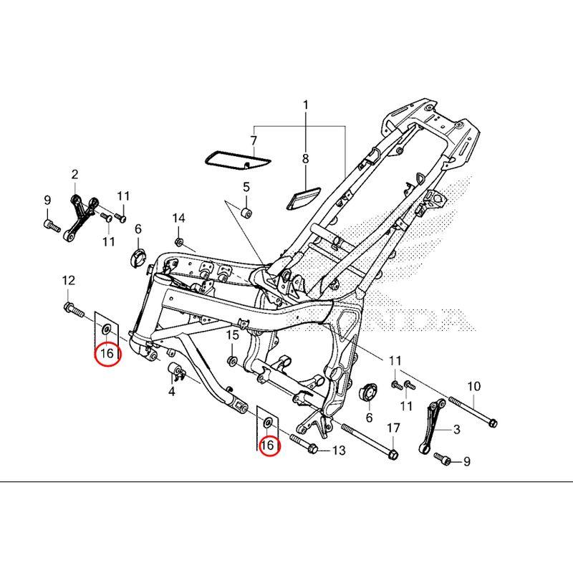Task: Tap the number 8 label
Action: tap(305, 158)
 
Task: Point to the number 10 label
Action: tap(473, 387)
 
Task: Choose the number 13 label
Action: tap(338, 451)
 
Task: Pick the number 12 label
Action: tap(69, 279)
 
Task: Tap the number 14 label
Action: tap(178, 218)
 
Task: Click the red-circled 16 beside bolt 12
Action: tap(107, 354)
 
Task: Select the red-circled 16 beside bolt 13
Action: tap(268, 446)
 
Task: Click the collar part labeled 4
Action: tap(175, 372)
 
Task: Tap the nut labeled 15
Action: tap(232, 359)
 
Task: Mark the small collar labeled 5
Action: tap(246, 211)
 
